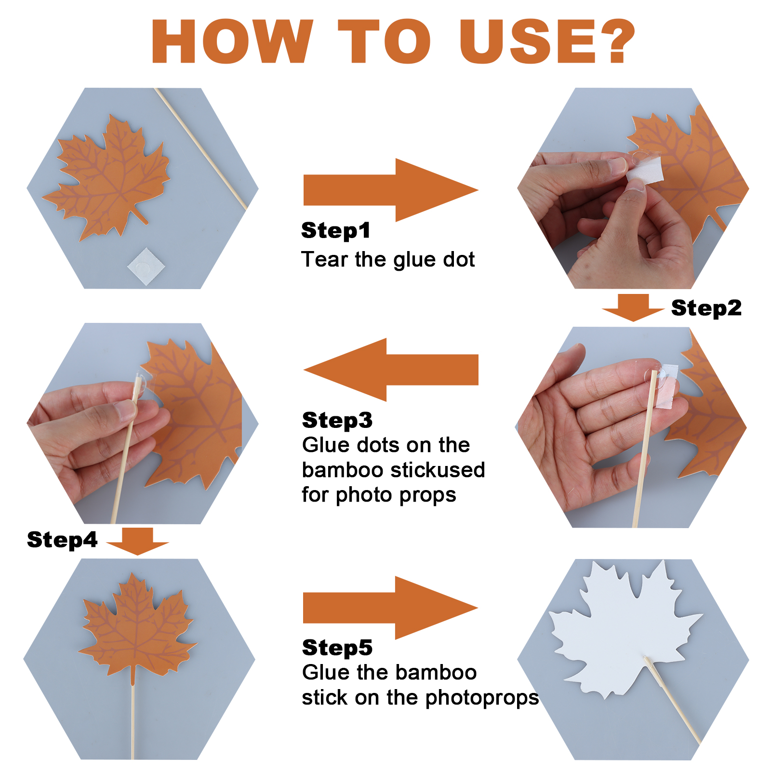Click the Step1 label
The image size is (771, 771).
336,230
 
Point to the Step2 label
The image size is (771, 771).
706,308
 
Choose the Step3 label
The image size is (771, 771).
337,420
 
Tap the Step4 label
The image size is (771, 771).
62,540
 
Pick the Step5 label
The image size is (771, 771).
337,648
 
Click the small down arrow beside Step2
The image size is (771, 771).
633,307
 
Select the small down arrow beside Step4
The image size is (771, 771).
137,541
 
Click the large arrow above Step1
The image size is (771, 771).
391,190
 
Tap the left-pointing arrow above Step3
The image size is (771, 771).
391,370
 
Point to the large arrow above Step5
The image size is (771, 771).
390,608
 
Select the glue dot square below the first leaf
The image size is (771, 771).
146,266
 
